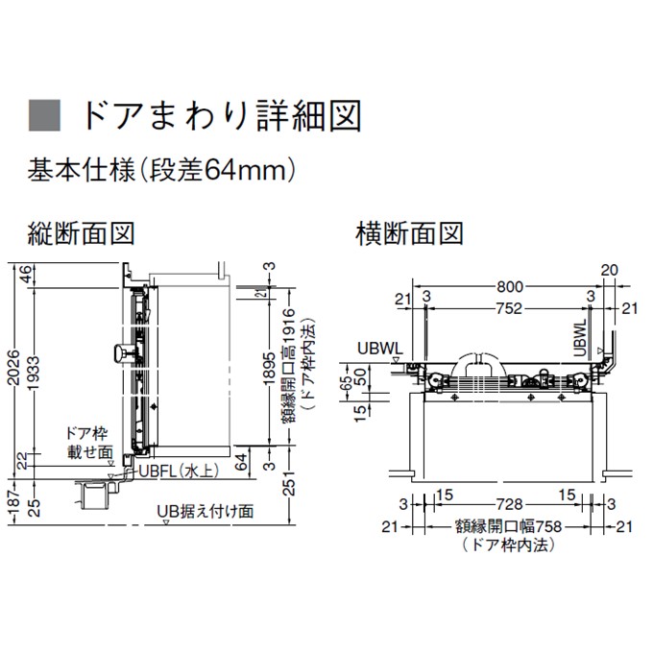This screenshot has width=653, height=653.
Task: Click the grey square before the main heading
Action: [x=44, y=115]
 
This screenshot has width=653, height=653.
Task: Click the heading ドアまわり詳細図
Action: [x=221, y=115]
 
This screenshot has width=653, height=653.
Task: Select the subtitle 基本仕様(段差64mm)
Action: [x=162, y=170]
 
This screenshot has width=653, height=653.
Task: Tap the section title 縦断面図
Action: [x=81, y=233]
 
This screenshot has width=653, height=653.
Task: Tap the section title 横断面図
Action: [x=410, y=233]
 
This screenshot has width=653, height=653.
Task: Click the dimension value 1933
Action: [x=34, y=374]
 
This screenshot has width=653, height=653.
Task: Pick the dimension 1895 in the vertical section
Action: [x=270, y=368]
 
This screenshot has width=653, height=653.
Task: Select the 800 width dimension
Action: [x=509, y=286]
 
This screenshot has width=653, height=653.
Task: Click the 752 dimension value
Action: [x=509, y=308]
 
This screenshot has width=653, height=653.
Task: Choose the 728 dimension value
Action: [x=509, y=504]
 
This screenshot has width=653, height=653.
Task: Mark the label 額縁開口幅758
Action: [x=509, y=526]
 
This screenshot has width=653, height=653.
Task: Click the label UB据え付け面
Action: [x=206, y=511]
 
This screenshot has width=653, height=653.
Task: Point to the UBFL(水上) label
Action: [x=179, y=471]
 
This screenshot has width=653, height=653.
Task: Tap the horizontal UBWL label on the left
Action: [x=380, y=349]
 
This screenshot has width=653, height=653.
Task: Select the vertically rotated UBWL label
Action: [x=580, y=338]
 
